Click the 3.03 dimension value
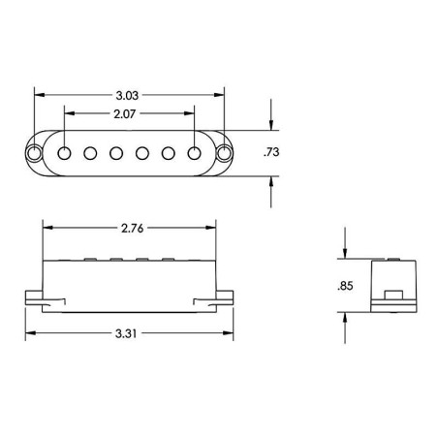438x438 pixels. (x=127, y=95)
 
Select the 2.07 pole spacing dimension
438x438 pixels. (x=124, y=113)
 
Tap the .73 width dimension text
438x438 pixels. (x=271, y=152)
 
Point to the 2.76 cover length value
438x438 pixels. (x=132, y=228)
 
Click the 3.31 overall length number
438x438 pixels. (x=126, y=333)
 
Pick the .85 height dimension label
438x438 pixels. (x=345, y=286)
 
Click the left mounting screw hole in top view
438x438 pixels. (x=34, y=153)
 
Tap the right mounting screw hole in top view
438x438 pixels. (x=224, y=153)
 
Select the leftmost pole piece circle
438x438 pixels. (x=64, y=153)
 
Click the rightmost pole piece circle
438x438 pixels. (x=194, y=153)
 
